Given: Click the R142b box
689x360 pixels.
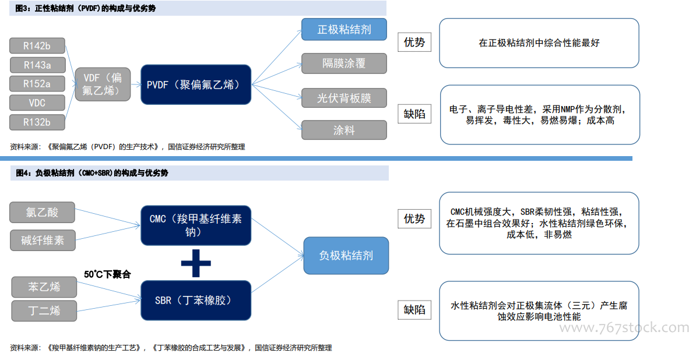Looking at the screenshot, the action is coord(37,45).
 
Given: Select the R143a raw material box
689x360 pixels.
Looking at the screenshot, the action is coord(37,65).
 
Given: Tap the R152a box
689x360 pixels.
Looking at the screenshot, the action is coord(37,84).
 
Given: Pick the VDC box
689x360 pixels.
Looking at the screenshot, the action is coord(37,103).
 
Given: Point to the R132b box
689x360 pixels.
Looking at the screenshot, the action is coord(37,122).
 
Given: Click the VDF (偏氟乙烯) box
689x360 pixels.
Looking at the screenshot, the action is coord(103,84).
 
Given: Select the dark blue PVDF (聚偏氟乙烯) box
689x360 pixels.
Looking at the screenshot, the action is coord(195,84).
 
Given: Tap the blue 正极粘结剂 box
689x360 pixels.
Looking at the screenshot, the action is coord(344,29).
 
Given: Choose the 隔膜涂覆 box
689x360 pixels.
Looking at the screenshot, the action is coord(344,63).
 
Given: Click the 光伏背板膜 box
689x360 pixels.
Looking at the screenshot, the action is coord(344,97).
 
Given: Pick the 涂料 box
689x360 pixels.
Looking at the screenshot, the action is coord(344,130).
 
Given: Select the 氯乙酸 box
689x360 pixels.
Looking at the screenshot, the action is coord(42,213).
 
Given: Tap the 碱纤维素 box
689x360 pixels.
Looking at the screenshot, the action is coord(43,240).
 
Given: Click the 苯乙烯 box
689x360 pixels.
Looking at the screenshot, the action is coord(44,287).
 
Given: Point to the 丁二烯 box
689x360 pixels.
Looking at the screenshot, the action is coord(44,311).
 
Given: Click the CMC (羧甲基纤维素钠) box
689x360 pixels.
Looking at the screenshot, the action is coord(195,225).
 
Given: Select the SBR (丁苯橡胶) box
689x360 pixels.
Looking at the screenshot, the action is coord(195,301).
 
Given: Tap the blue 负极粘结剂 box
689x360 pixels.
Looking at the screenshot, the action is coord(346,256).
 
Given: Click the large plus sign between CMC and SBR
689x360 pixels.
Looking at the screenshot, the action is coord(196,263).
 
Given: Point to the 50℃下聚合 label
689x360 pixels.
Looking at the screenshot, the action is coord(107,274).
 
